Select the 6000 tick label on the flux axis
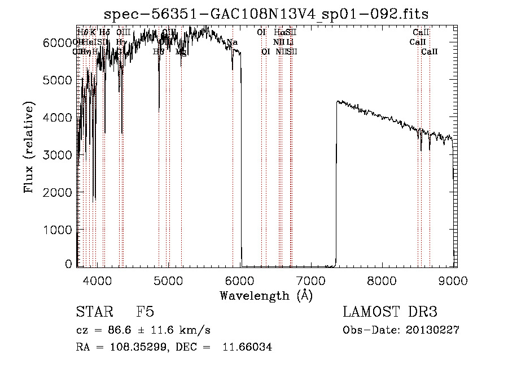[58, 43]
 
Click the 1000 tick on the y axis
[58, 230]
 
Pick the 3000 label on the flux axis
[58, 155]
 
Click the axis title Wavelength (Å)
[266, 295]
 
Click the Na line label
[232, 42]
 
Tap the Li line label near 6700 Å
[290, 42]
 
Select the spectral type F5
[146, 312]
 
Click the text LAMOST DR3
[390, 312]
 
